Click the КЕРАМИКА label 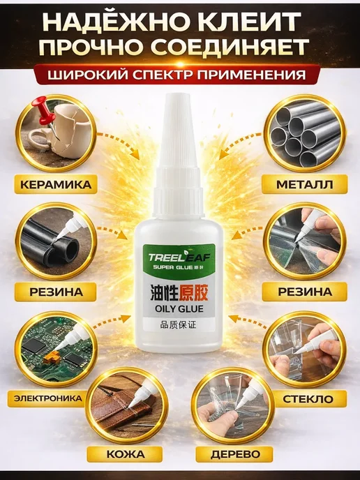point(56,185)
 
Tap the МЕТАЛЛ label point(304,185)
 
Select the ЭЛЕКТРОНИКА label point(49,398)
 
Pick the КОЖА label point(126,454)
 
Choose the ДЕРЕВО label point(235,454)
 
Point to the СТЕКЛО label point(308,399)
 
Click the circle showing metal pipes point(303,133)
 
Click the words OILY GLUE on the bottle point(179,308)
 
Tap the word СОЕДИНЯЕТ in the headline point(239,47)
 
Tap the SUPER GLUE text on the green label point(170,267)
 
